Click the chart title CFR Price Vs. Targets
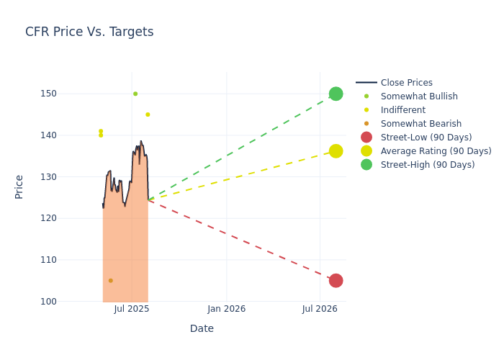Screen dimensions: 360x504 coord(89,32)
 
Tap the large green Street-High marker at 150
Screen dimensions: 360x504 coord(336,94)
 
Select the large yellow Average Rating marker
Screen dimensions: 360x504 coord(336,151)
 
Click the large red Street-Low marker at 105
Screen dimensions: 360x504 coord(336,281)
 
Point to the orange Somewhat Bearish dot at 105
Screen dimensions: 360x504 coord(110,281)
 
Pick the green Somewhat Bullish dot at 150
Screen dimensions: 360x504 coord(135,94)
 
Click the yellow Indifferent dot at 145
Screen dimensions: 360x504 coord(148,114)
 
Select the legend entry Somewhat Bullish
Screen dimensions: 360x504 coord(419,96)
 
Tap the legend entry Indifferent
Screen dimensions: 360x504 coord(402,110)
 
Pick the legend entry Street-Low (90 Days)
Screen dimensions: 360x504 coord(426,138)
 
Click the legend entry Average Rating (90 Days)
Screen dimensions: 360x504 coord(436,151)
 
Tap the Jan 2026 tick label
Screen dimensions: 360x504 coord(226,309)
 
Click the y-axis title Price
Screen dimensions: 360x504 coord(19,186)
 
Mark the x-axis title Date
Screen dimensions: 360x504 coord(202,328)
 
